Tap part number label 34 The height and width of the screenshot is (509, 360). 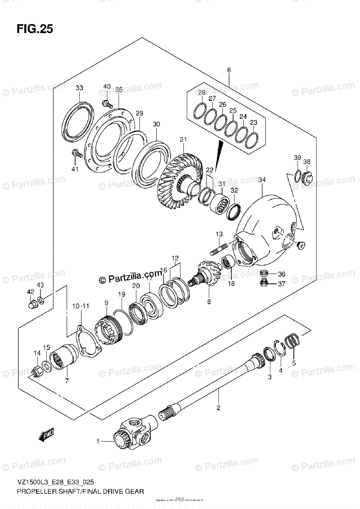262,180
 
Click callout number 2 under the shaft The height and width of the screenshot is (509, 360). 218,408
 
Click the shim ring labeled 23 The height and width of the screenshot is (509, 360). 252,140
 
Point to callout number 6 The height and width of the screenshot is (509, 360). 228,70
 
